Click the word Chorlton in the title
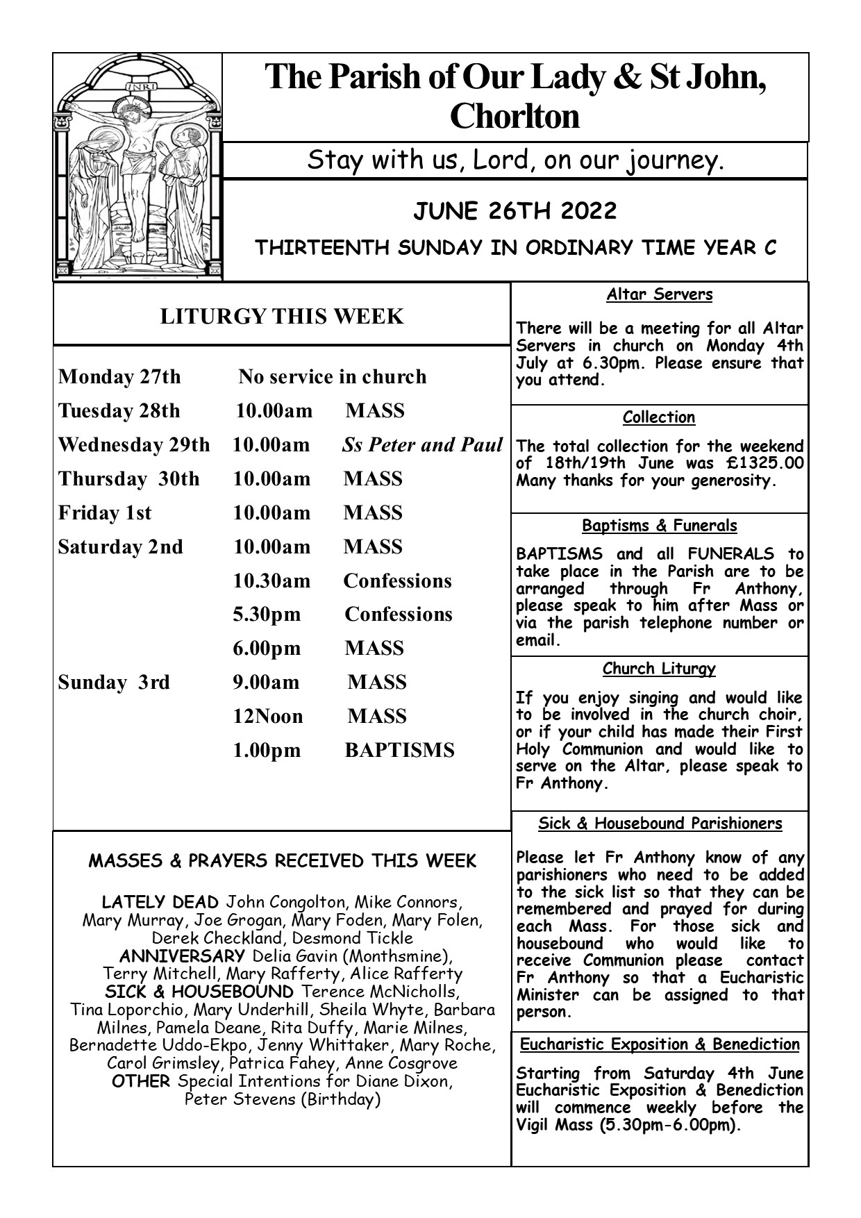(x=515, y=116)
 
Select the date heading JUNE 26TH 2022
(x=515, y=211)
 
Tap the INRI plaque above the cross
(x=142, y=87)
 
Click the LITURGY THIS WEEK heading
(x=281, y=317)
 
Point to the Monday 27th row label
(x=119, y=377)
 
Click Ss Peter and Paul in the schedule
(x=422, y=445)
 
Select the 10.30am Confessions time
(x=271, y=581)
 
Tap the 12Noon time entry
(x=268, y=717)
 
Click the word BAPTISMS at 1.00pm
(x=400, y=751)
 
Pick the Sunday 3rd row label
(x=114, y=683)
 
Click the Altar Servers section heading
(x=659, y=294)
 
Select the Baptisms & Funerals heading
(x=659, y=526)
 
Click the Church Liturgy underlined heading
(x=659, y=669)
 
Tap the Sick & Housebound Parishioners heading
(x=660, y=824)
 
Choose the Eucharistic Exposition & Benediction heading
(x=660, y=1044)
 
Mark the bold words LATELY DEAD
(x=160, y=903)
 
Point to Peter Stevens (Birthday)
(x=282, y=1100)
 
